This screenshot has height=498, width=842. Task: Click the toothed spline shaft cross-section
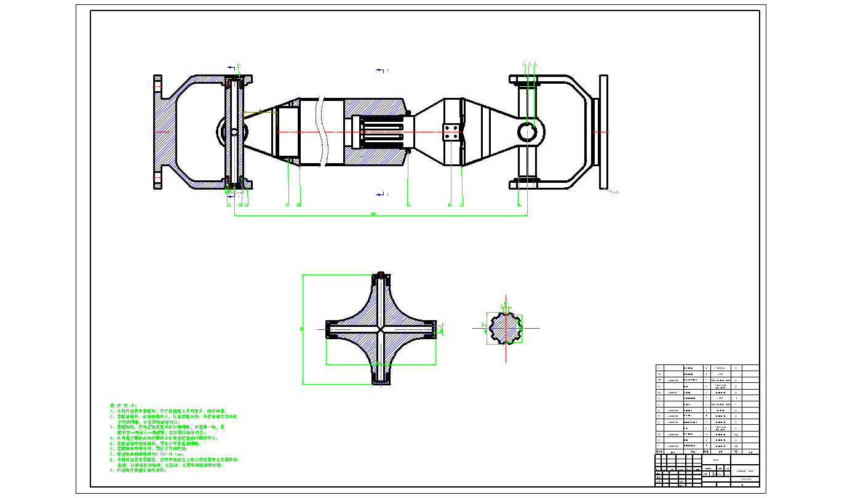(506, 328)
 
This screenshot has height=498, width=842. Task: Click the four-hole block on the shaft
(451, 132)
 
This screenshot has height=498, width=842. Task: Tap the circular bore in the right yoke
(527, 132)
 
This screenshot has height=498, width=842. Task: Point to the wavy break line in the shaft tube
(322, 132)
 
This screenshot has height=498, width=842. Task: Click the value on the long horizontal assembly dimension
(373, 214)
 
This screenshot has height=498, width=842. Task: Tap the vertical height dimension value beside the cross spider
(301, 329)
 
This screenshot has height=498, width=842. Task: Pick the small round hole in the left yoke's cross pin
(234, 132)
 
